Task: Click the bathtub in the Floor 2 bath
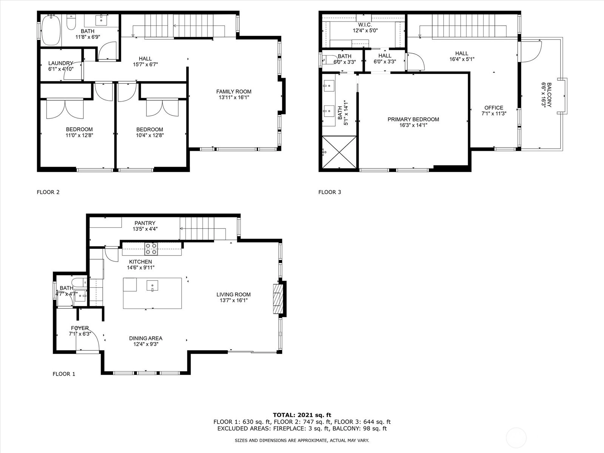pyautogui.click(x=51, y=30)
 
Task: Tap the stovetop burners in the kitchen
pyautogui.click(x=151, y=249)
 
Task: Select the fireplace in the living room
pyautogui.click(x=278, y=299)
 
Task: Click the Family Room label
pyautogui.click(x=234, y=92)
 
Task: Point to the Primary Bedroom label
pyautogui.click(x=413, y=119)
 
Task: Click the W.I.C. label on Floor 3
pyautogui.click(x=365, y=25)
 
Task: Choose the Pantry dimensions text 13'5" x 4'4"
pyautogui.click(x=145, y=229)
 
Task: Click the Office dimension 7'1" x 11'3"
pyautogui.click(x=494, y=113)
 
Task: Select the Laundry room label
pyautogui.click(x=61, y=63)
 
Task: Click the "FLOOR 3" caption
pyautogui.click(x=330, y=192)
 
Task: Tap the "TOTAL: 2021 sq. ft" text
pyautogui.click(x=302, y=415)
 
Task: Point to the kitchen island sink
pyautogui.click(x=152, y=286)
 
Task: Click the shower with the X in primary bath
pyautogui.click(x=339, y=152)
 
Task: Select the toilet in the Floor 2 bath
pyautogui.click(x=71, y=23)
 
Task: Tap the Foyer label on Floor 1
pyautogui.click(x=80, y=328)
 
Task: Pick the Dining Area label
pyautogui.click(x=146, y=338)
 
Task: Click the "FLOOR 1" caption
pyautogui.click(x=64, y=374)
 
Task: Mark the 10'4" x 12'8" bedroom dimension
pyautogui.click(x=150, y=135)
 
